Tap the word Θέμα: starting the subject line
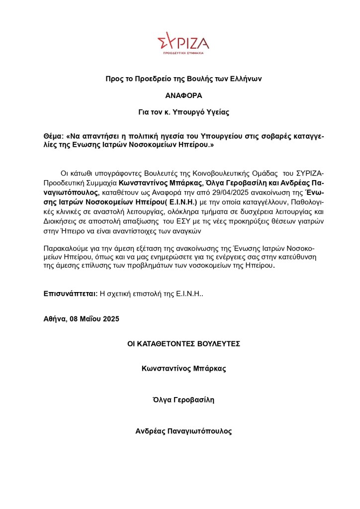pos(54,136)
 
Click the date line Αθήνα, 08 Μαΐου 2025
pos(82,318)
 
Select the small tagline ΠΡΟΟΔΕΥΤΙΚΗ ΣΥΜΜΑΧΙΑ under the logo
pos(183,52)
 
